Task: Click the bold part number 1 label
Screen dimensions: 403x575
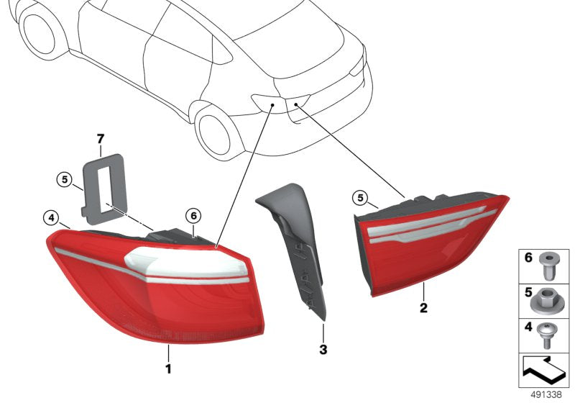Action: point(168,369)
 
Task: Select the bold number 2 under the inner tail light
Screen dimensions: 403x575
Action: point(424,309)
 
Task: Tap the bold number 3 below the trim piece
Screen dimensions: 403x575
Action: point(323,350)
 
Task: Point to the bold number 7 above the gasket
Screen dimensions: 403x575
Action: point(101,137)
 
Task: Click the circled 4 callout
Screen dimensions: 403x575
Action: point(50,217)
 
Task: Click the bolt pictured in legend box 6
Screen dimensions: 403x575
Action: point(550,263)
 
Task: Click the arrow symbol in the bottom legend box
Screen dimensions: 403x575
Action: point(543,371)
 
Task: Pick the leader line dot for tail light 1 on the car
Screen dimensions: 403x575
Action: point(272,106)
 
